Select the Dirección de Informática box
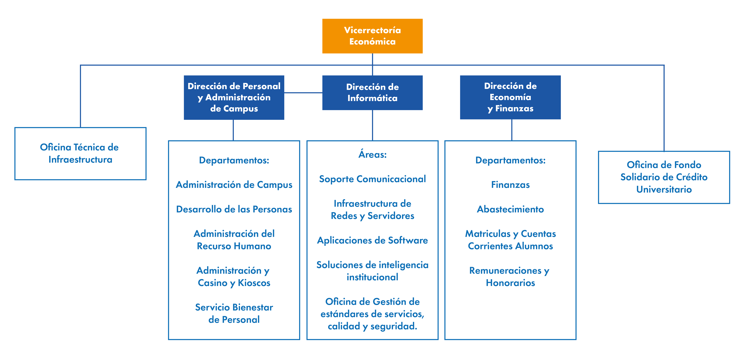tap(372, 93)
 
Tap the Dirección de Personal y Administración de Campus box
tap(234, 98)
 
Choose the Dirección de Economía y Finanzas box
tap(510, 97)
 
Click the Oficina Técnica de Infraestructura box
tap(80, 154)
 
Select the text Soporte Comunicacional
tap(372, 179)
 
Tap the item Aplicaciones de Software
tap(372, 240)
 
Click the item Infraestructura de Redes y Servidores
tap(372, 210)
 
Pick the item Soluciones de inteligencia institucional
tap(372, 271)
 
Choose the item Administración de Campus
tap(234, 185)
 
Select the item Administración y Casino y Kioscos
tap(234, 277)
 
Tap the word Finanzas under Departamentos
tap(510, 185)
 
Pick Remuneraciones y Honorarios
tap(510, 277)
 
